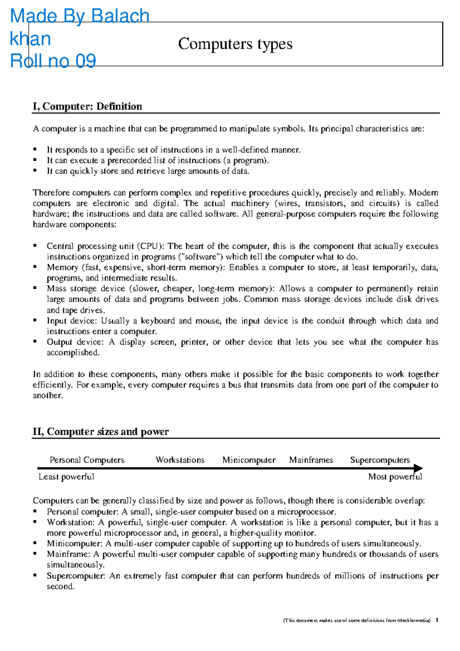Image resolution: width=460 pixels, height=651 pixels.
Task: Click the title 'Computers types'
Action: point(235,44)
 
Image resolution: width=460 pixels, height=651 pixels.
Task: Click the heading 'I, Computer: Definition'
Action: point(87,106)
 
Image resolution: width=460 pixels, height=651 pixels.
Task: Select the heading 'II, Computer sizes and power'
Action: point(100,432)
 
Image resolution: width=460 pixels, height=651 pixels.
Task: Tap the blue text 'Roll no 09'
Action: point(53,61)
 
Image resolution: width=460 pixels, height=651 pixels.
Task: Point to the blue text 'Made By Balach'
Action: point(80,16)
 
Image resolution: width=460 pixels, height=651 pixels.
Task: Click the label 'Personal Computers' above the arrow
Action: point(87,460)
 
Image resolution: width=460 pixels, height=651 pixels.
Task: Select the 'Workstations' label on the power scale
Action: point(180,460)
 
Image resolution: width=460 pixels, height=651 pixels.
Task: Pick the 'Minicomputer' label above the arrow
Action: point(249,460)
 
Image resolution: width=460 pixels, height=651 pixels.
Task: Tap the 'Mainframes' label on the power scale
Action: point(311,460)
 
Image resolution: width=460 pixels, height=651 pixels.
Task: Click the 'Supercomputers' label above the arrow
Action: point(380,460)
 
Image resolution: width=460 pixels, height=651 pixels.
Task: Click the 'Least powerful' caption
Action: point(66,477)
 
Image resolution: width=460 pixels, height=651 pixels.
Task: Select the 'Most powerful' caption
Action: point(395,477)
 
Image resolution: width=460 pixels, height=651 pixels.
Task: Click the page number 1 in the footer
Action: point(437,620)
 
